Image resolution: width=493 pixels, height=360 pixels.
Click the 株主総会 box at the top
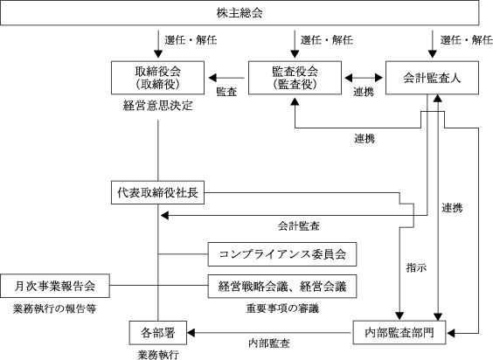[240, 13]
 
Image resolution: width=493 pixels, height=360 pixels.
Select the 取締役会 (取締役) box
[158, 78]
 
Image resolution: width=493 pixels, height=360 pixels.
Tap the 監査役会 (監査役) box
[295, 78]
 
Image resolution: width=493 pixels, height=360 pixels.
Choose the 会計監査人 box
[433, 78]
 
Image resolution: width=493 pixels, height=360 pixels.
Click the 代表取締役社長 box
[158, 192]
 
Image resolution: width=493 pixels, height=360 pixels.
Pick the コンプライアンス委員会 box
[282, 254]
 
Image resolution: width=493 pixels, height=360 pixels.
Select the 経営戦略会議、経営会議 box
[282, 286]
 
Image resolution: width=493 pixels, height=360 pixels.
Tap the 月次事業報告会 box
[55, 286]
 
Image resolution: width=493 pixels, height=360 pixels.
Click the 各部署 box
[158, 333]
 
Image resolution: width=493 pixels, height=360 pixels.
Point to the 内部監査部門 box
[399, 333]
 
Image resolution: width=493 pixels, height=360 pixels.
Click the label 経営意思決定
[158, 106]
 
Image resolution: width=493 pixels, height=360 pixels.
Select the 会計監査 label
[299, 225]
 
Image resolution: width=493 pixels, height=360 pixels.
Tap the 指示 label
[416, 268]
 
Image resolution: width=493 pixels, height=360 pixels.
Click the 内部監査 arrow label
[269, 343]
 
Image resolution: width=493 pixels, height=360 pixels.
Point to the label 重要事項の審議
[282, 308]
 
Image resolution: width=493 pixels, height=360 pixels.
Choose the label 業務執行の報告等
[54, 309]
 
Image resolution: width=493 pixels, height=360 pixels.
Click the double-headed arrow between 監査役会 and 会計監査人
[364, 78]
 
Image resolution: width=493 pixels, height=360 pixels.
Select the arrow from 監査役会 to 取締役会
[226, 78]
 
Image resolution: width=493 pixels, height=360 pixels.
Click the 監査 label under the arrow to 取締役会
[226, 92]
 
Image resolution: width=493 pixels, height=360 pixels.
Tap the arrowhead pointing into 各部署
[191, 333]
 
